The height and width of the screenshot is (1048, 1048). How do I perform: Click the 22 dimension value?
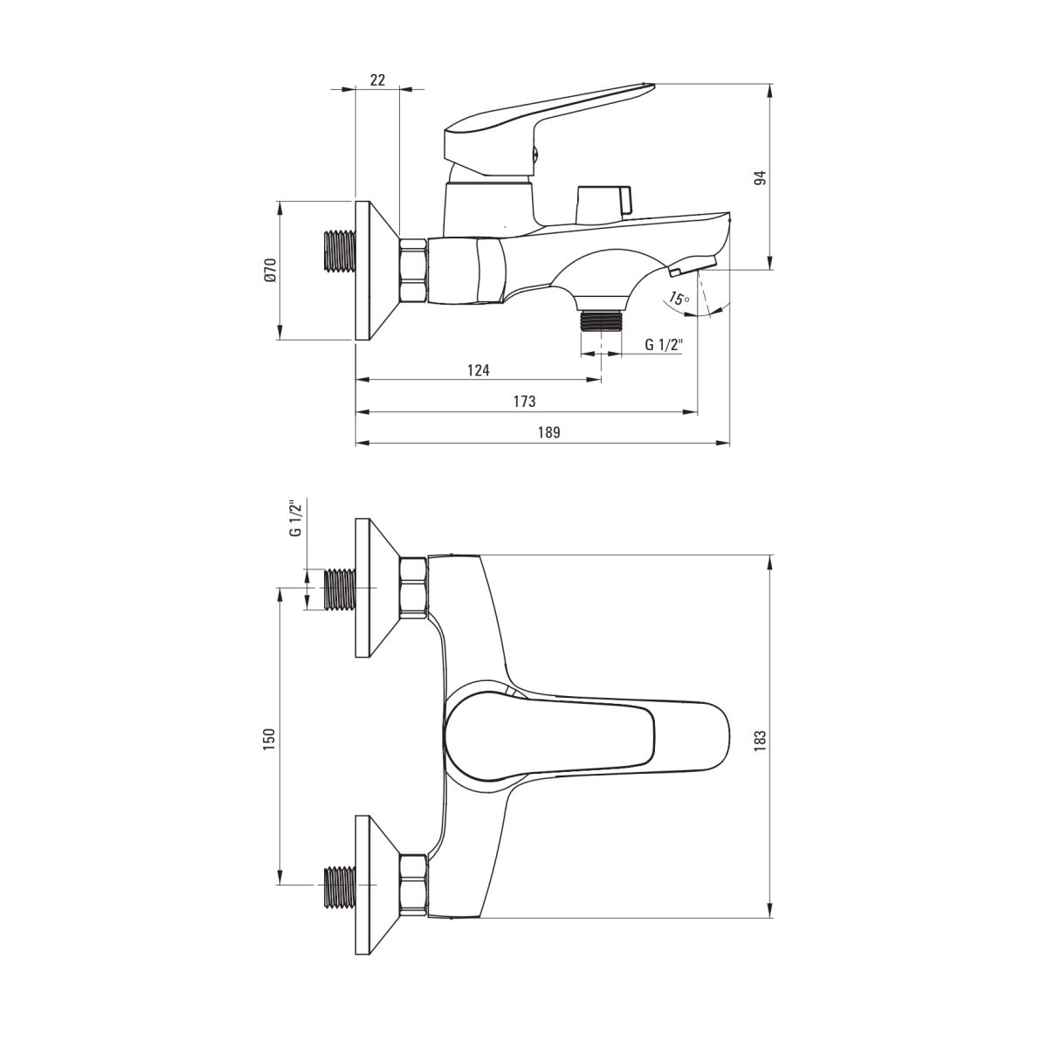click(377, 80)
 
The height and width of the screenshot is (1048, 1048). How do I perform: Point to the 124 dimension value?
click(479, 370)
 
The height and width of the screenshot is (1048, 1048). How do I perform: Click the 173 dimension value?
click(525, 402)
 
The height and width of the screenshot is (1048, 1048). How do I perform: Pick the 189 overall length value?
click(548, 432)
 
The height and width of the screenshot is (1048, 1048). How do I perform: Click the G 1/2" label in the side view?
click(664, 345)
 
